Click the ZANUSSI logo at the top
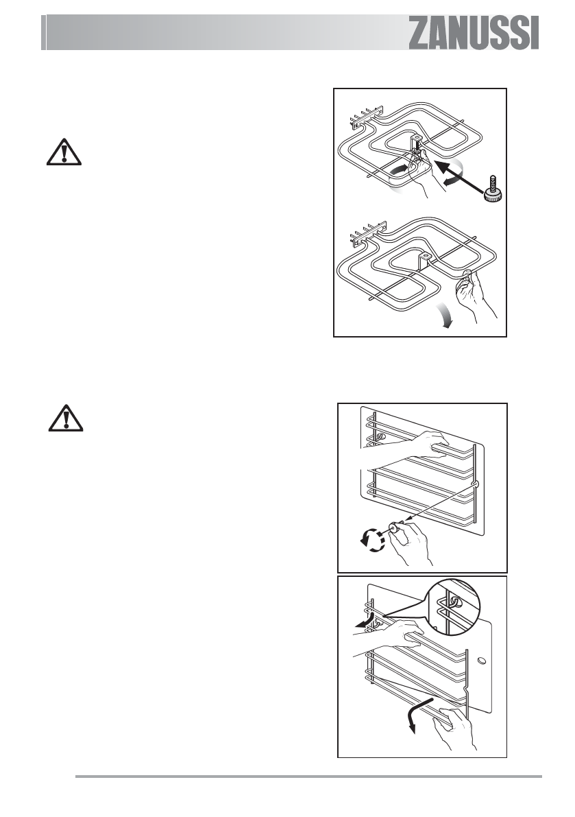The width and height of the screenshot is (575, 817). [x=474, y=34]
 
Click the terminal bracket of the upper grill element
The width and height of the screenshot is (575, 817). [x=364, y=121]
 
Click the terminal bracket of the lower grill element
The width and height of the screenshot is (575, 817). [x=364, y=238]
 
